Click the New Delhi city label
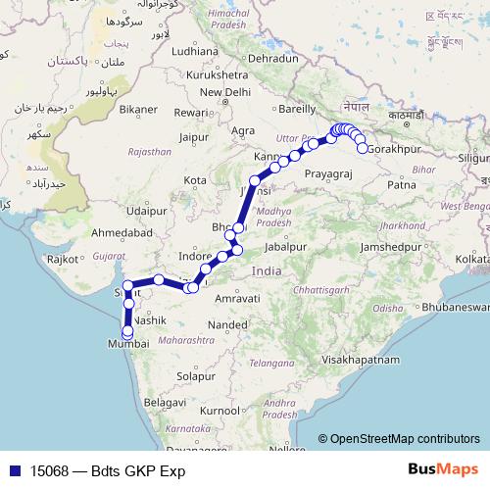coord(225,92)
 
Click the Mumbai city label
coord(128,345)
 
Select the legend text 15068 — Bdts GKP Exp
coord(108,471)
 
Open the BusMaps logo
coord(443,470)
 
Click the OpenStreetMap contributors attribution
coord(405,439)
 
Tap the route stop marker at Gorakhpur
coord(364,148)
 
